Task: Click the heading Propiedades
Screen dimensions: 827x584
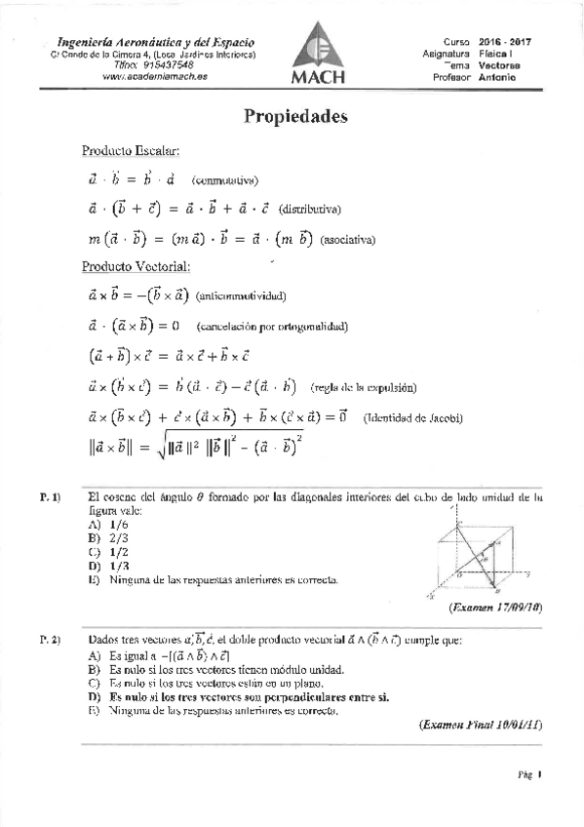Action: point(295,116)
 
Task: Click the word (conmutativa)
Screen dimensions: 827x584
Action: point(224,179)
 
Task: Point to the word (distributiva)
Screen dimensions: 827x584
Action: point(310,209)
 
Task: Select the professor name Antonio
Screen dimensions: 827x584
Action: point(498,76)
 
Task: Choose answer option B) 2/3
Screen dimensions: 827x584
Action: point(106,537)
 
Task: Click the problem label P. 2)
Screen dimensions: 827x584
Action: point(51,640)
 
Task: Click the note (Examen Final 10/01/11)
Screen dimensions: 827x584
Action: point(480,725)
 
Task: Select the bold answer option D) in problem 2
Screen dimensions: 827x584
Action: point(238,697)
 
